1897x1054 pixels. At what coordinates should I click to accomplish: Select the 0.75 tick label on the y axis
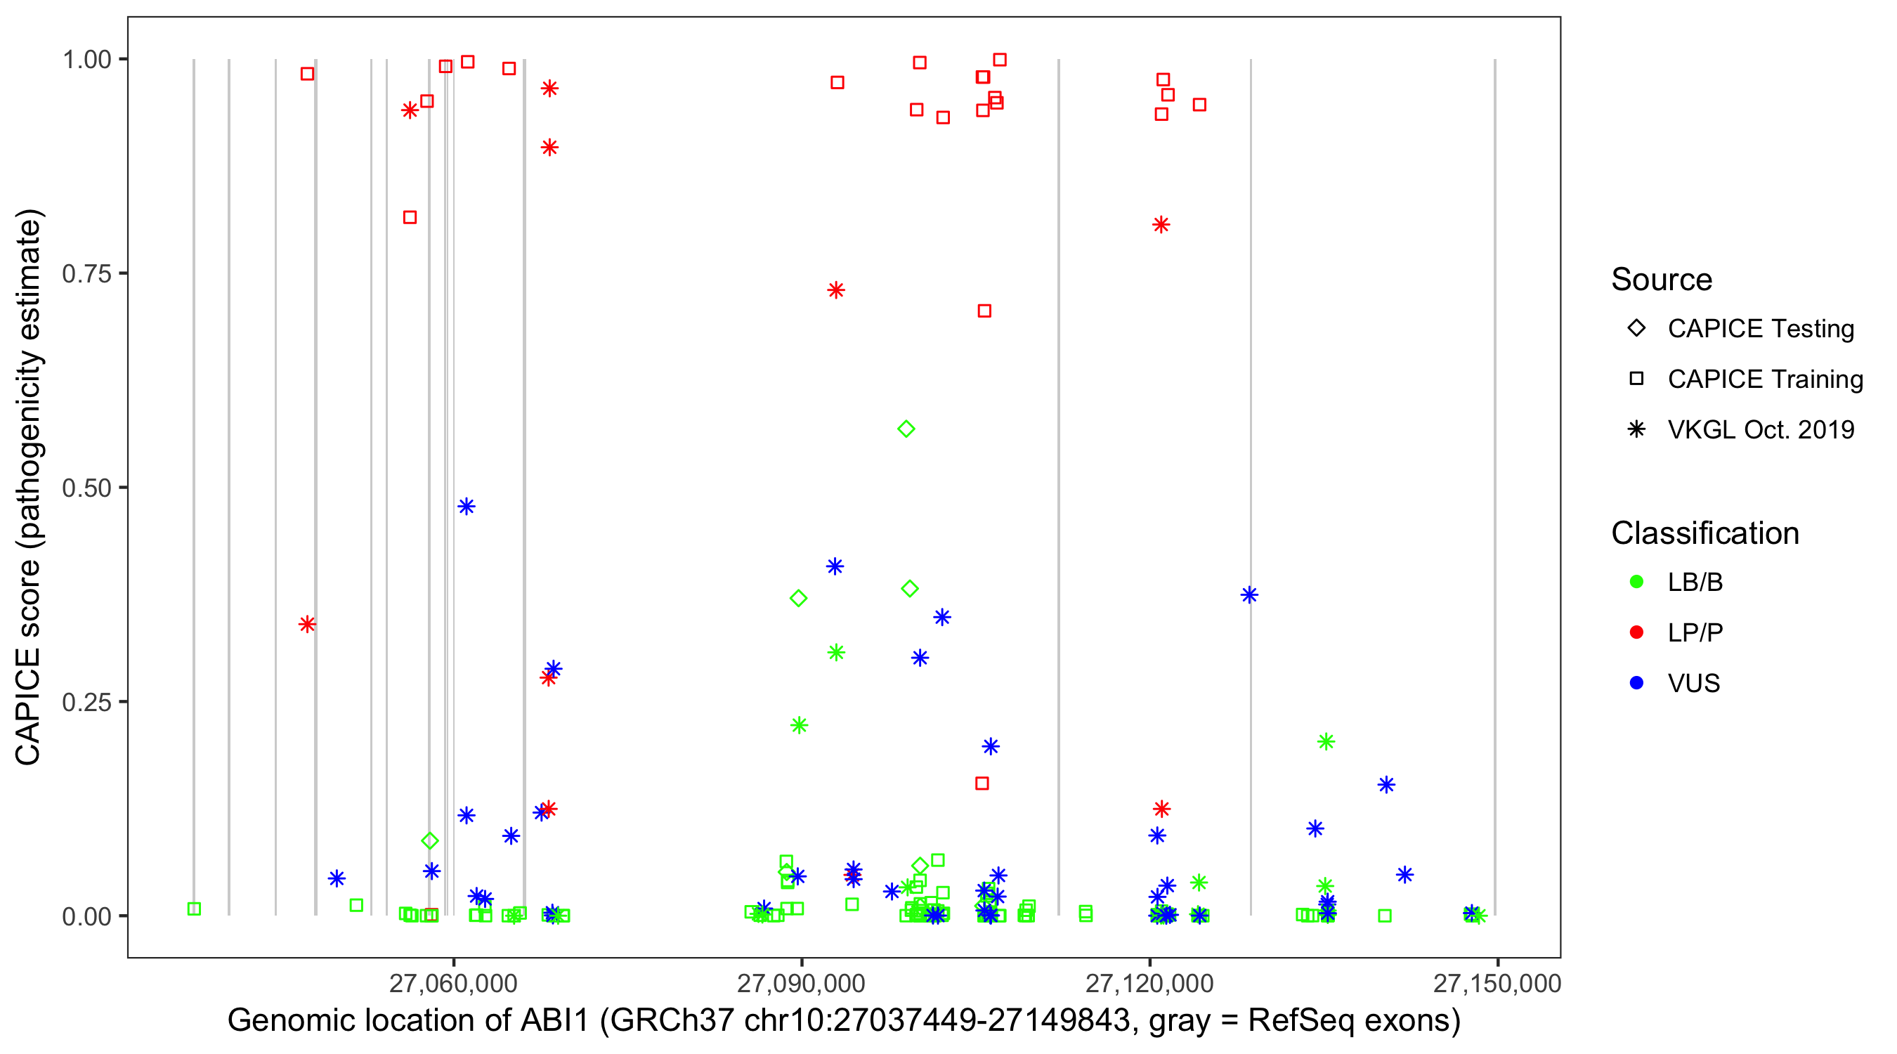tap(86, 274)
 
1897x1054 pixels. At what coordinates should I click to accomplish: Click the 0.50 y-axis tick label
tap(86, 488)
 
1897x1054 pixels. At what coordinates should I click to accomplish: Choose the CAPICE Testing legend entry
tap(1760, 329)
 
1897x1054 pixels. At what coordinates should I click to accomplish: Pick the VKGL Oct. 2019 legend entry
tap(1760, 429)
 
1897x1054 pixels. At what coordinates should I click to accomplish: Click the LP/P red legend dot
tap(1636, 632)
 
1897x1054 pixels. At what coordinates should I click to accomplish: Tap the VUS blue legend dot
tap(1636, 684)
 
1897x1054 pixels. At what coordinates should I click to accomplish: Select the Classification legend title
tap(1704, 533)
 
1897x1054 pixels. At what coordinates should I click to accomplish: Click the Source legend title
tap(1662, 280)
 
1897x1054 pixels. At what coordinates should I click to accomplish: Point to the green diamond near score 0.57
tap(906, 429)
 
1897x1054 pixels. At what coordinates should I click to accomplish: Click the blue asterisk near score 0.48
tap(466, 506)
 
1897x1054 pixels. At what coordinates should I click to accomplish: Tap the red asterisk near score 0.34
tap(308, 625)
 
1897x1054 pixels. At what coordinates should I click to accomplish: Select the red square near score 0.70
tap(984, 311)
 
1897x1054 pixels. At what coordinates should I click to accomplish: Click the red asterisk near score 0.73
tap(836, 290)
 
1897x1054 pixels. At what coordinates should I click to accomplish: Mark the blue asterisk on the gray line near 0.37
tap(1249, 594)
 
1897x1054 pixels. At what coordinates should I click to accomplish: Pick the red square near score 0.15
tap(982, 783)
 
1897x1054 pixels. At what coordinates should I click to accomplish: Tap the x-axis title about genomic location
tap(844, 1021)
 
